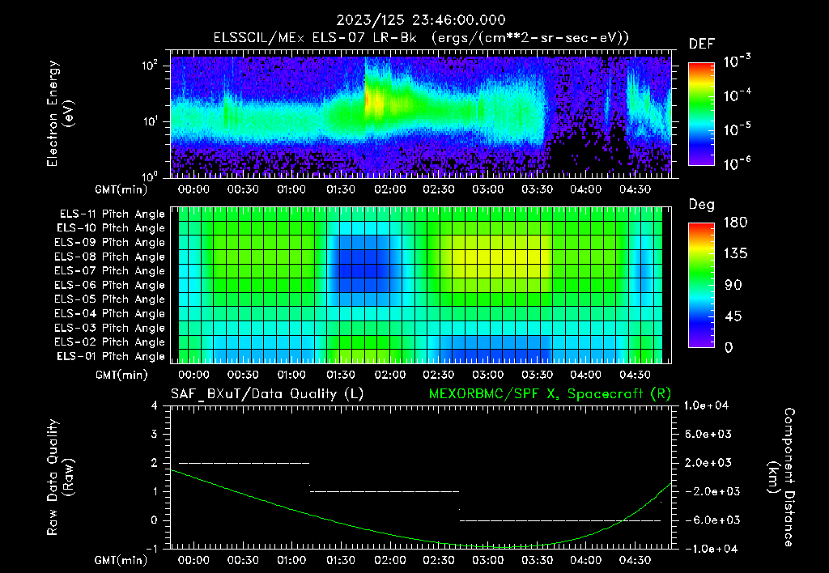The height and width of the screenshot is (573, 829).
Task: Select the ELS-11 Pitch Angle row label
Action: coord(111,214)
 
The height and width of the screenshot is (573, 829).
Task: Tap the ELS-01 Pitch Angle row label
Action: coord(111,356)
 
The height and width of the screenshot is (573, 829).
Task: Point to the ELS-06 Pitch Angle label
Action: coord(111,285)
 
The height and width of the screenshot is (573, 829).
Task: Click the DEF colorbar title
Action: coord(700,45)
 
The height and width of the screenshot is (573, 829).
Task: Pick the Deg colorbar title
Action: coord(700,205)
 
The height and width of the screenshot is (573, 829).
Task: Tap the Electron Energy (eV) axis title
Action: coord(60,113)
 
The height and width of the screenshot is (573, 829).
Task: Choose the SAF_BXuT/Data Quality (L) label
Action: coord(266,394)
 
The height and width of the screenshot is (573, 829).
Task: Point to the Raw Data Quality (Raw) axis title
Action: coord(60,477)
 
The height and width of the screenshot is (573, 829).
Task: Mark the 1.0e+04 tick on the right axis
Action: coord(708,405)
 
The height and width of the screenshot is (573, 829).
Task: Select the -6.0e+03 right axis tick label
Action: coord(708,520)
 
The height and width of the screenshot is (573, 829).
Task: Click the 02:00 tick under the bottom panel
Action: coord(390,559)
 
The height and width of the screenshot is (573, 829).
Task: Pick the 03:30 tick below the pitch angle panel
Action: coord(537,375)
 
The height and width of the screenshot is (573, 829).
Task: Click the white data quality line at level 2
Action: coord(243,463)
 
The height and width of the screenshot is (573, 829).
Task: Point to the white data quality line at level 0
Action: coord(559,520)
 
